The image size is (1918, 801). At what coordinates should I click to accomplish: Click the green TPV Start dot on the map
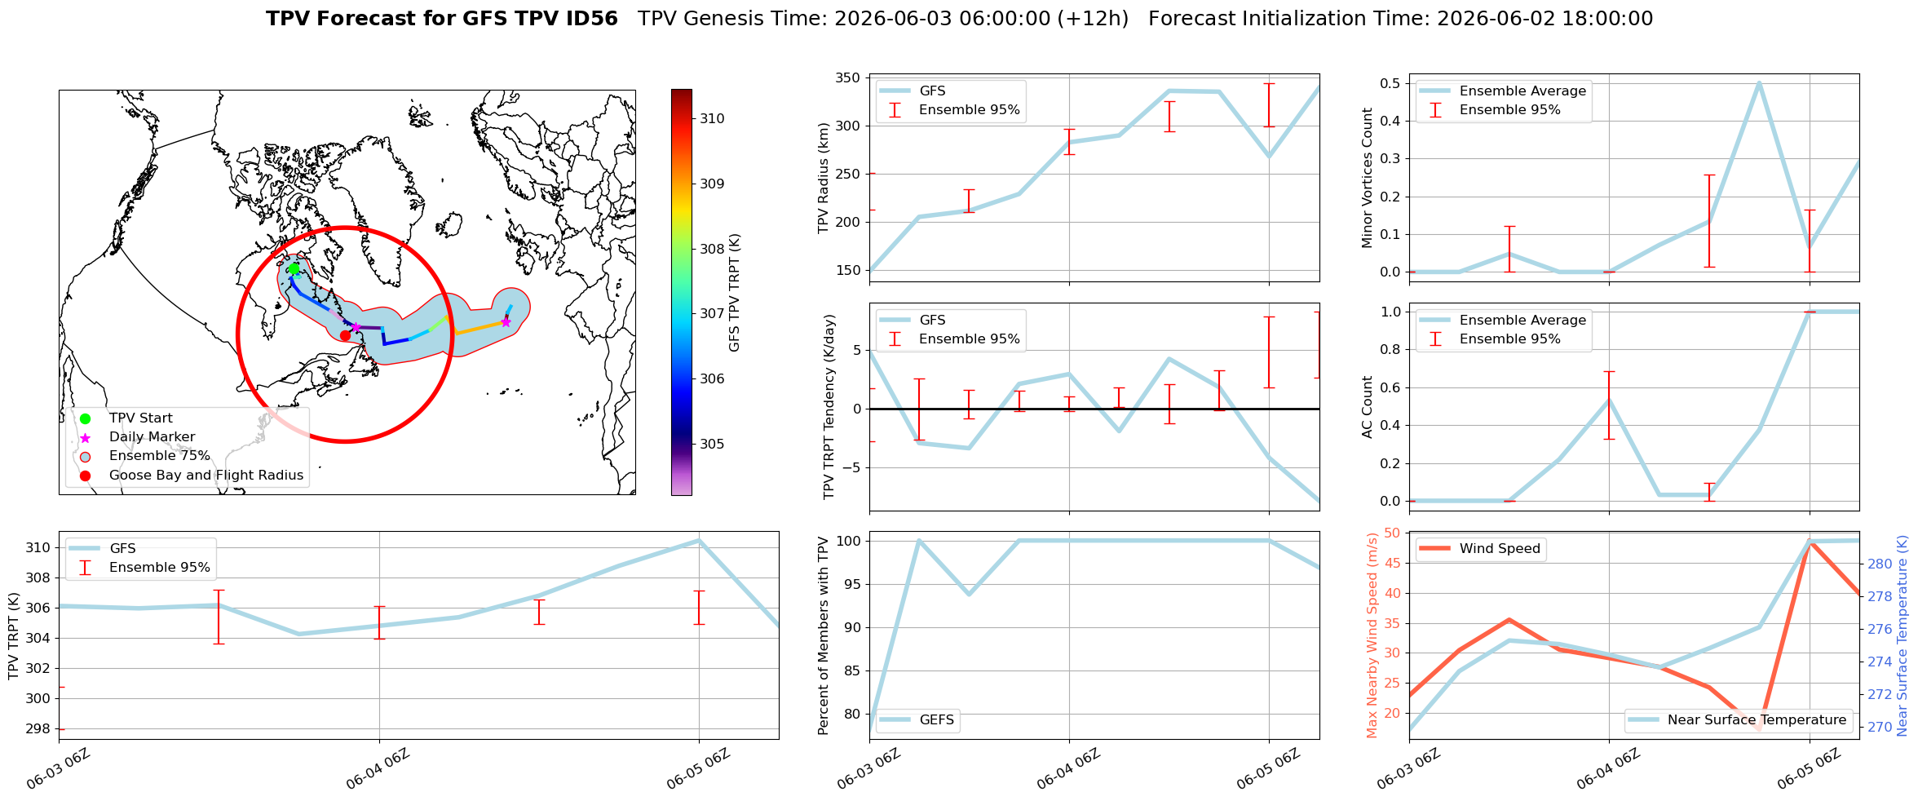(294, 268)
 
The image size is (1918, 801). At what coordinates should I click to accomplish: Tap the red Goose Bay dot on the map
(345, 335)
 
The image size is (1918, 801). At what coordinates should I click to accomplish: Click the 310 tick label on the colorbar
(712, 118)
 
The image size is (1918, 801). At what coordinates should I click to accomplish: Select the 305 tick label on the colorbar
(712, 444)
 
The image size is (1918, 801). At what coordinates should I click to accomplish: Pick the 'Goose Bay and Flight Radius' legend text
(206, 475)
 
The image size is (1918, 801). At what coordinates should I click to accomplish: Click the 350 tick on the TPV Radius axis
(849, 78)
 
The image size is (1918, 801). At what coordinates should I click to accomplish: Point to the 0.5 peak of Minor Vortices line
(1759, 83)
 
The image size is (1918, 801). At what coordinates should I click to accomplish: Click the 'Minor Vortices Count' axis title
(1368, 178)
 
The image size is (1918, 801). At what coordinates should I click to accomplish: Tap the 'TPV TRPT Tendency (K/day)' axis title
(829, 406)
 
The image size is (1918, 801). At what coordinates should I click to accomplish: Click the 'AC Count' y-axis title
(1368, 407)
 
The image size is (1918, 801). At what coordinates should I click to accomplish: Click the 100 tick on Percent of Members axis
(849, 541)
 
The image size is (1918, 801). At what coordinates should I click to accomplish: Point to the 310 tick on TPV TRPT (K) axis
(38, 548)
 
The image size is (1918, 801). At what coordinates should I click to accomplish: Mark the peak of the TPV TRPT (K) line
(699, 540)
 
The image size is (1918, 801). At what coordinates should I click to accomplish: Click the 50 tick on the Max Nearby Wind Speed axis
(1392, 533)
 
